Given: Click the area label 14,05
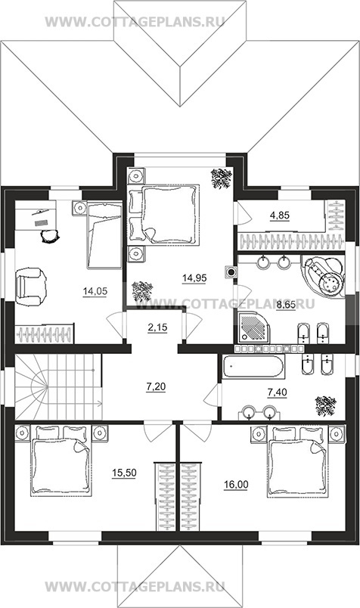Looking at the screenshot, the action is (95, 292).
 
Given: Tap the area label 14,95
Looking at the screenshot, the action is (194, 278).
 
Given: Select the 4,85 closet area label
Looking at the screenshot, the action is (280, 216).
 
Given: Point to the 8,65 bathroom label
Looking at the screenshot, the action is (286, 306).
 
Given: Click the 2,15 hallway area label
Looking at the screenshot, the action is (157, 328).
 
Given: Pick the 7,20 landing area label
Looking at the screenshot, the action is (156, 386).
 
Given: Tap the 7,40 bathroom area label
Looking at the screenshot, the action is (277, 392).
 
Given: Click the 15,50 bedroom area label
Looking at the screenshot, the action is (124, 473).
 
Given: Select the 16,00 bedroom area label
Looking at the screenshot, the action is (236, 485).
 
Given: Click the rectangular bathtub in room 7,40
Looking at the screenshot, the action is (253, 366).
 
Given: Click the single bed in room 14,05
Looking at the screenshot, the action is (104, 235).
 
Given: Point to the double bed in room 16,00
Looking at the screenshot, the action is (296, 461).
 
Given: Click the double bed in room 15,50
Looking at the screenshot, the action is (61, 461).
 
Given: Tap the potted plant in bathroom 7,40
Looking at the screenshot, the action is (325, 406).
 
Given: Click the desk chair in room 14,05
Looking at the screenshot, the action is (50, 236).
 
